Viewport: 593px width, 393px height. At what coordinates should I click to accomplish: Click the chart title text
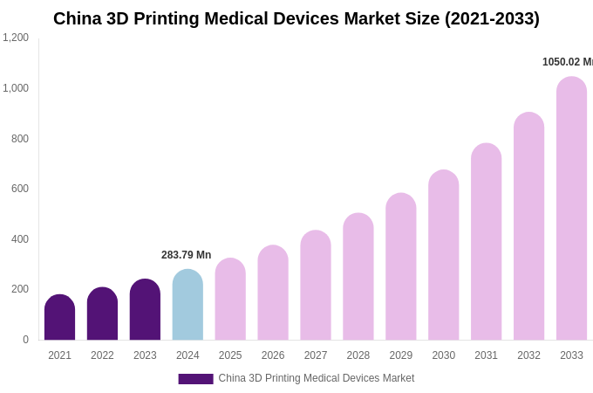296,18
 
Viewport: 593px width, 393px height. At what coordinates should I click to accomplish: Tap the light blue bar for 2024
187,305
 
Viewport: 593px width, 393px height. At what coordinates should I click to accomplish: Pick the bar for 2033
571,209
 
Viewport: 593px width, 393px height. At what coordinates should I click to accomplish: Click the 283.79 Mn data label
186,255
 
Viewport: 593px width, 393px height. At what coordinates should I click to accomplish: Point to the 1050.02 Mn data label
567,62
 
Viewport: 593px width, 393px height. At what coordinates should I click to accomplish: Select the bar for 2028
358,277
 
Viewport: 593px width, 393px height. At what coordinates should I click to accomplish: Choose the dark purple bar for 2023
145,310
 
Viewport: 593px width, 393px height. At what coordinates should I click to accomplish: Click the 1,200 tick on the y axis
16,38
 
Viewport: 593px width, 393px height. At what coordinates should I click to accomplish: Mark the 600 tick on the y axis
19,189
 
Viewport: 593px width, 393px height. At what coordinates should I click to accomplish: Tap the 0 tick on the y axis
25,340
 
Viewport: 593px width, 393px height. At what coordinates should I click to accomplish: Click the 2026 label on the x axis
273,355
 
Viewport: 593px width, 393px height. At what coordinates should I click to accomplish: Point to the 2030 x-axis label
443,355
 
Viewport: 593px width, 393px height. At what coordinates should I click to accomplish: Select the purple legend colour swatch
195,379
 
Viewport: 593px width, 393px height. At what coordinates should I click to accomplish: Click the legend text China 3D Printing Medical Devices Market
316,378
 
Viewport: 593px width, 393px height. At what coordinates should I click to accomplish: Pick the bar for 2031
486,242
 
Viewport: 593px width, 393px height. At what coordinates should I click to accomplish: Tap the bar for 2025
230,300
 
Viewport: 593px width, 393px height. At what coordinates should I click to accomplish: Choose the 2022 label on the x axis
102,355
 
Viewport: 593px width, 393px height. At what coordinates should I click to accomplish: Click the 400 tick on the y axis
19,239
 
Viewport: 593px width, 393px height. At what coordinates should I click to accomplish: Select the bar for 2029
401,267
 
